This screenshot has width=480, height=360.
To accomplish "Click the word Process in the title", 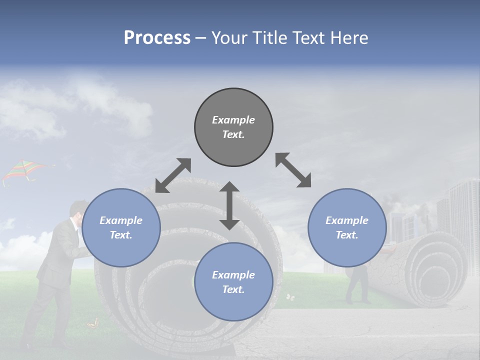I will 157,38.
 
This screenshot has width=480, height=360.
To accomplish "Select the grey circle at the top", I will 233,127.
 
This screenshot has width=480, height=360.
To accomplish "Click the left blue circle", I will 121,227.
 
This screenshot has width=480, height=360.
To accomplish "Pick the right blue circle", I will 347,227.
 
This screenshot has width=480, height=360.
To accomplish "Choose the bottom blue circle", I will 233,282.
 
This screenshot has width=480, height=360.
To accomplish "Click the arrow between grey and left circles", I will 173,175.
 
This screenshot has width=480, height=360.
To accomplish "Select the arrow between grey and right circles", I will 293,170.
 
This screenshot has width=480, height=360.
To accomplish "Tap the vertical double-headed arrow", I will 229,205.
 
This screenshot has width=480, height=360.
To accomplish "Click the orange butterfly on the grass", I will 91,324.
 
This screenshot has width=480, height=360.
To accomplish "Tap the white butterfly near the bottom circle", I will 290,297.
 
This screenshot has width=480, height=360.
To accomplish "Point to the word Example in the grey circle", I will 233,120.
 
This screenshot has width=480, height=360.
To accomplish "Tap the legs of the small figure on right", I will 357,290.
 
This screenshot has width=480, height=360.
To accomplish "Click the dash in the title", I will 200,38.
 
